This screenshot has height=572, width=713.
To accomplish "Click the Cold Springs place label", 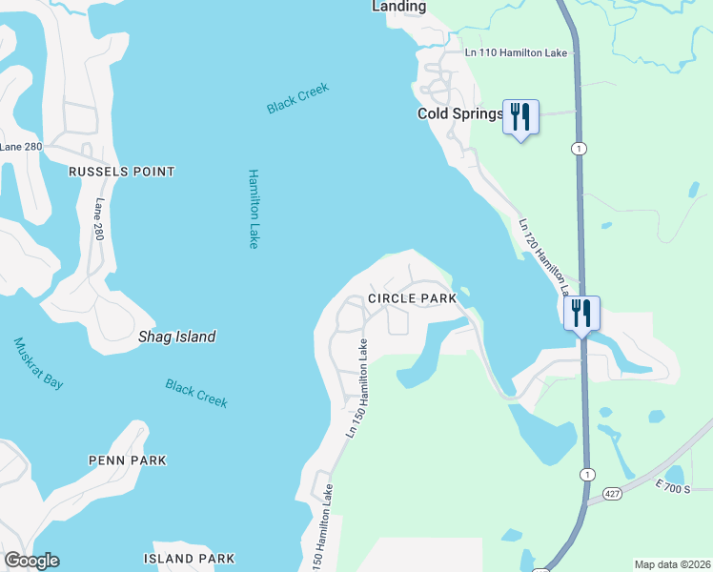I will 459,113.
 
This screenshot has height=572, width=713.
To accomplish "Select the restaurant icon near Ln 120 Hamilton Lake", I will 581,314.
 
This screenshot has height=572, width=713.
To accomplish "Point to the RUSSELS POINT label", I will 121,172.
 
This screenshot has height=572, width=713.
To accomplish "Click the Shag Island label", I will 177,337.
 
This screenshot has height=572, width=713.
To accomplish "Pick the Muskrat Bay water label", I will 39,362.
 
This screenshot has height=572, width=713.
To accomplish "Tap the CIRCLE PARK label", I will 412,298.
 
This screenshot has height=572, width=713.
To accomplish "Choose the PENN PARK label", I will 128,460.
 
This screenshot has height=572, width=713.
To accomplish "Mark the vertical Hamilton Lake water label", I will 254,209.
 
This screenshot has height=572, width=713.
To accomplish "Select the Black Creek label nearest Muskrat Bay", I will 196,393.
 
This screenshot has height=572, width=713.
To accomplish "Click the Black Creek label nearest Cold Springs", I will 298,98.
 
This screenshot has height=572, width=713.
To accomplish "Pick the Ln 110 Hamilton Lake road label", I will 515,55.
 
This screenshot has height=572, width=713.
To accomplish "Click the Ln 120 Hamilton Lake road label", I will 544,255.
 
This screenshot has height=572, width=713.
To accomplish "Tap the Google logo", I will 32,561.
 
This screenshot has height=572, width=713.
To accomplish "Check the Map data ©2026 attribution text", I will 672,564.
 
